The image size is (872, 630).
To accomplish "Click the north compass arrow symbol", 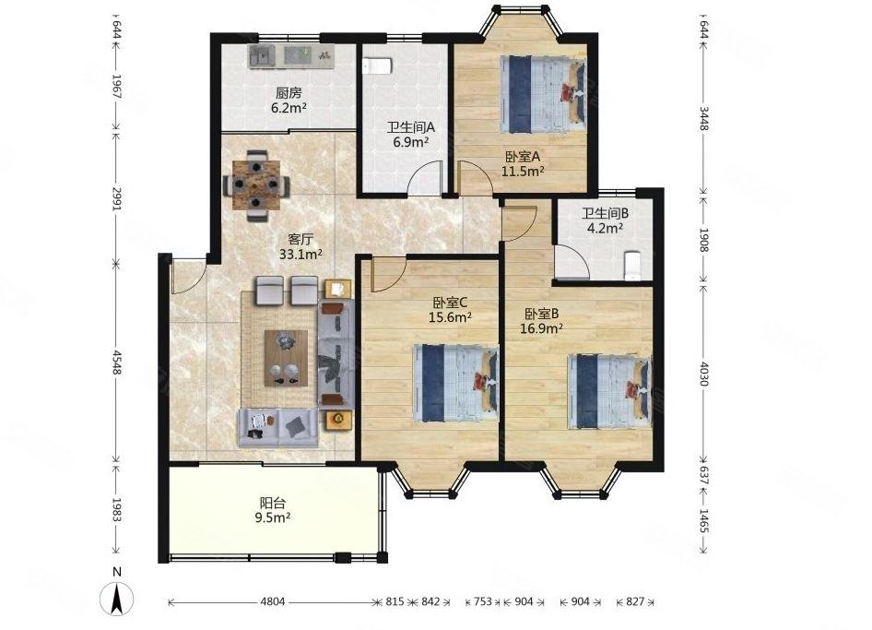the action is (117, 599).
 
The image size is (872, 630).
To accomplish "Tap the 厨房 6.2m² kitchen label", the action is (289, 101).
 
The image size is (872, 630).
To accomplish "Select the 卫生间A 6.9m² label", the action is (411, 134).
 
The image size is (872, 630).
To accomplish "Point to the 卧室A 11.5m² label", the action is (523, 163).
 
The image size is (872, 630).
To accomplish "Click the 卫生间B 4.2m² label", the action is (605, 220).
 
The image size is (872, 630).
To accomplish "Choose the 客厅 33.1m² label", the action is (300, 246).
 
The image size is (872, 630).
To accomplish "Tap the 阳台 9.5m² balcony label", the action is (273, 510).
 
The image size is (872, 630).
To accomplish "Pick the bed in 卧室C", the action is (456, 383).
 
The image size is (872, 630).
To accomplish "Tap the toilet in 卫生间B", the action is (631, 266).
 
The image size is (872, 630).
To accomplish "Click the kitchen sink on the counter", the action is (263, 56).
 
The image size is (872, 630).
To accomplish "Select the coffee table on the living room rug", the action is (286, 358).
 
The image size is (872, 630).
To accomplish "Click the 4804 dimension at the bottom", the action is (273, 601).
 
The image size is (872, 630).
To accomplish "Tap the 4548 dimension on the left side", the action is (116, 363).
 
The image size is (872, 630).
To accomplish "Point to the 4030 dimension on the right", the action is (704, 374).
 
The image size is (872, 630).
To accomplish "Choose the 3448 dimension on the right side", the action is (704, 119).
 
